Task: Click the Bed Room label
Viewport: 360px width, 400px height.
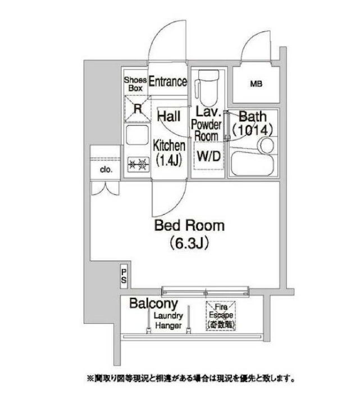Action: pos(189,226)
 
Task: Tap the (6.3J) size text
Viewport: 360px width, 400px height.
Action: pos(189,243)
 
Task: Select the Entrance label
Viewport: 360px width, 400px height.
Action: pos(168,82)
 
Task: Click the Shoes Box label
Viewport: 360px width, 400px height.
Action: pos(135,84)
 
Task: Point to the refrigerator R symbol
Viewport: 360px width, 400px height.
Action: pos(138,109)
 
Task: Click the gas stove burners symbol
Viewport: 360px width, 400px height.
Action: pos(138,164)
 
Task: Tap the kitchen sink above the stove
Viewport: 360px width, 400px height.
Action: pos(138,135)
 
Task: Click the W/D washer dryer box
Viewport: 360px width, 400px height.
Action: pos(208,155)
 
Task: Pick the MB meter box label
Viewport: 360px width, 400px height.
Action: pos(256,84)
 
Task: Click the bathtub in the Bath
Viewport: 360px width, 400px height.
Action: pos(252,163)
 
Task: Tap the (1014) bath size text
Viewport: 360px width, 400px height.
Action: pos(253,130)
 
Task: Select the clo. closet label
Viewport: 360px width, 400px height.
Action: pos(106,169)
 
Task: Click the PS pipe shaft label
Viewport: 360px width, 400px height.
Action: pos(124,276)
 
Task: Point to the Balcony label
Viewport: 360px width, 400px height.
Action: pos(153,304)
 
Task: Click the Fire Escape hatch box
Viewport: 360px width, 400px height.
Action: pos(221,316)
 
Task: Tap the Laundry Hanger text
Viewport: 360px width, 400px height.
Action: pos(168,321)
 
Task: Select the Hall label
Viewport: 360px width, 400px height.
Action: pos(168,116)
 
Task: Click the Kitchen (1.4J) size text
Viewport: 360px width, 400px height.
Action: pos(168,160)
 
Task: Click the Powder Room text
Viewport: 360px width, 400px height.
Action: pos(206,130)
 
